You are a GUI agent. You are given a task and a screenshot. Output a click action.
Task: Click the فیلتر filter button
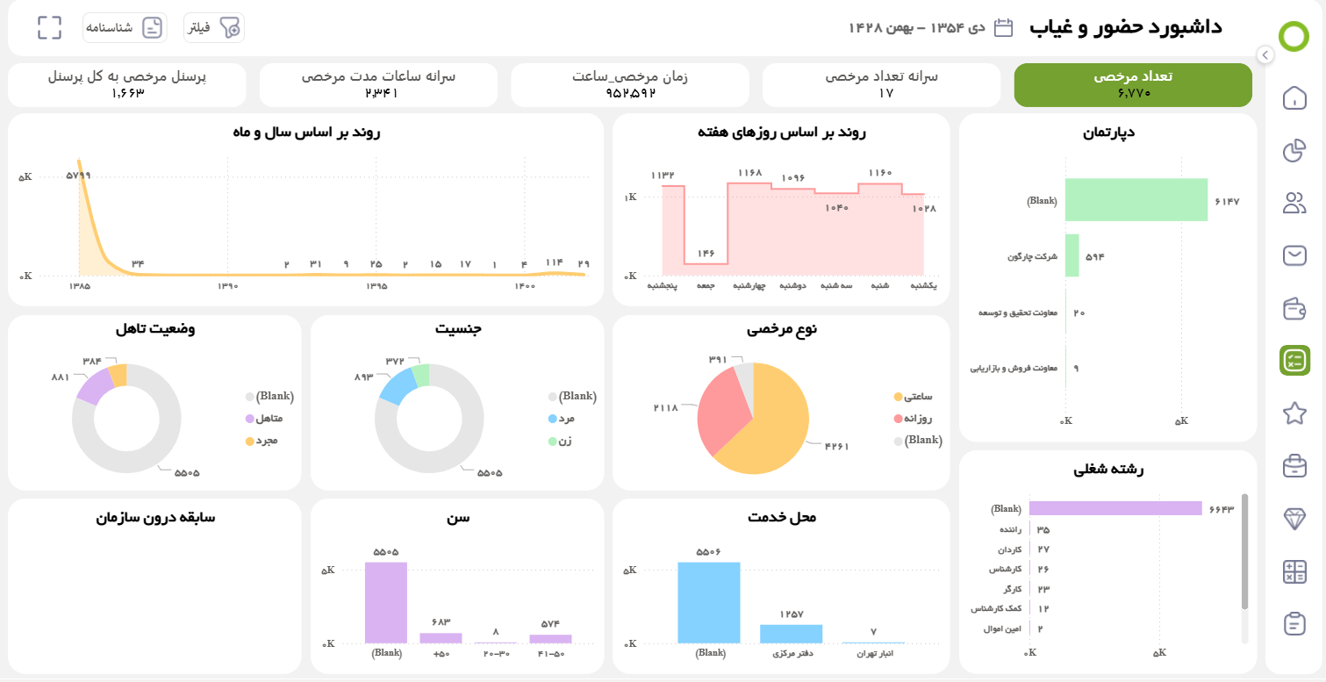[x=213, y=28]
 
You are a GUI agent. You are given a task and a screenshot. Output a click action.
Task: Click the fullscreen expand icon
[x=50, y=28]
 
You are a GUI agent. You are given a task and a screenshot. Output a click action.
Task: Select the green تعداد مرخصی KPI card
[x=1133, y=84]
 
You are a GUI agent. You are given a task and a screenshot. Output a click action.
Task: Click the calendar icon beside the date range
[x=1004, y=27]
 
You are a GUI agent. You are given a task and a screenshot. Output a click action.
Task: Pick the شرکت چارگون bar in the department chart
[x=1072, y=256]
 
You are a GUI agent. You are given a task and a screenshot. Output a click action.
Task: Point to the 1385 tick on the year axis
[x=80, y=286]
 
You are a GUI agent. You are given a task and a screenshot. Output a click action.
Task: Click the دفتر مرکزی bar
[x=791, y=634]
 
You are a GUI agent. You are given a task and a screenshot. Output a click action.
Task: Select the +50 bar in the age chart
[x=441, y=638]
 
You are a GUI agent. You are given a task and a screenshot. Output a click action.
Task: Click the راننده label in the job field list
[x=1008, y=530]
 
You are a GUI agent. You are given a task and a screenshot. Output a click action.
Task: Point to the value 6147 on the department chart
[x=1226, y=202]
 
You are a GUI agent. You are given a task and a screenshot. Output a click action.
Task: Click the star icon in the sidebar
[x=1294, y=413]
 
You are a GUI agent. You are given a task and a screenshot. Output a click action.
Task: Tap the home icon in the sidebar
[x=1294, y=98]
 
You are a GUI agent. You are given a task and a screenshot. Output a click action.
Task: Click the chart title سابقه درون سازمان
[x=155, y=518]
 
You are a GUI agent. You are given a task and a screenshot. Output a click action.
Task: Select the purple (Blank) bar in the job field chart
[x=1115, y=508]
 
